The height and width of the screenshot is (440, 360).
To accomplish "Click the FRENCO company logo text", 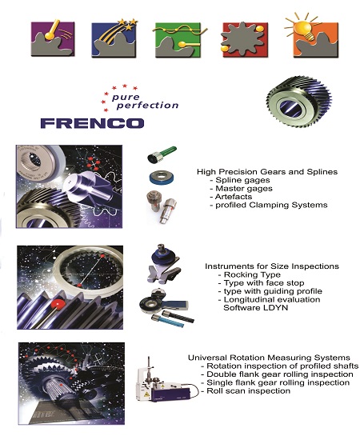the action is point(92,123).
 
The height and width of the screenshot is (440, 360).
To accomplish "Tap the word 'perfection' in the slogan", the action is point(147,106).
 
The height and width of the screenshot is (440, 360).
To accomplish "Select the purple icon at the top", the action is point(53,38).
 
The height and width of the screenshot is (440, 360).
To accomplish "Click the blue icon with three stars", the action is point(114,38).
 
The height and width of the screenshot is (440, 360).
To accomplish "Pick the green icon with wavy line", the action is point(178,40).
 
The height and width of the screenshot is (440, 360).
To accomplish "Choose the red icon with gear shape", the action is point(243,40).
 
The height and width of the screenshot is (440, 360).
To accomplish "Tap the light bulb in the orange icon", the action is point(306,28).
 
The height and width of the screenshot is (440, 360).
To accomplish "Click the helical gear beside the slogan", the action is point(299,102).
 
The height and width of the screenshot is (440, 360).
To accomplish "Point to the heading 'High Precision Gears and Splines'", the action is point(267,171).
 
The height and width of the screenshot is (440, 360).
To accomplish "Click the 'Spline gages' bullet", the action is point(240,180).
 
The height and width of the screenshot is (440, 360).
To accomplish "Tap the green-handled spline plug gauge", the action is point(162,154).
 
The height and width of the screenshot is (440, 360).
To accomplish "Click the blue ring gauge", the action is point(162,178).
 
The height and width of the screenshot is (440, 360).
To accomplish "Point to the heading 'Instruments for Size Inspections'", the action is point(272,266).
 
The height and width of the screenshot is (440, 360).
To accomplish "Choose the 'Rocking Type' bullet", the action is point(250,274).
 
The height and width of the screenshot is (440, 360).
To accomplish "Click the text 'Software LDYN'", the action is point(256,307).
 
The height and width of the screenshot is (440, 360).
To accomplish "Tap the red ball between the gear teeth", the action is point(58,305).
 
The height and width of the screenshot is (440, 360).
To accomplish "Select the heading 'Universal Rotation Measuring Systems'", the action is point(269,358).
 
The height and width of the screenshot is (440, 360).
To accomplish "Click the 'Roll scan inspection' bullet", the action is point(246,390).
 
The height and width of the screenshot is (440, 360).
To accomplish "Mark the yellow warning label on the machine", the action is point(146,394).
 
